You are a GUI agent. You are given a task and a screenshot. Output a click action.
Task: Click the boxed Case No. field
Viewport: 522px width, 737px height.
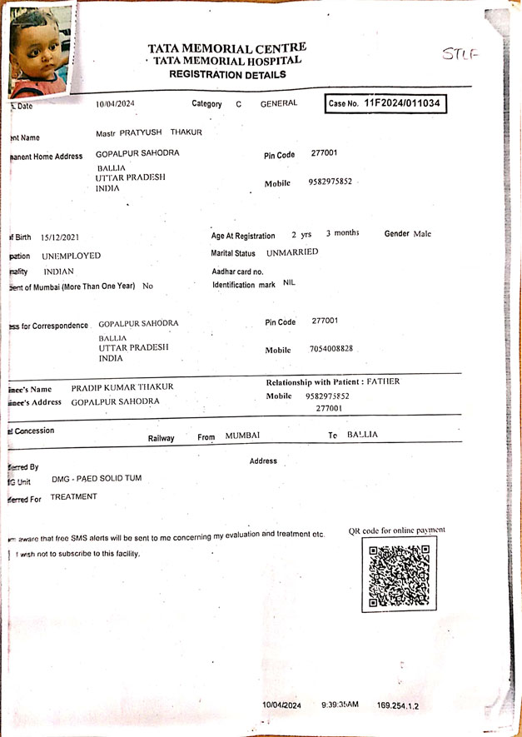385,103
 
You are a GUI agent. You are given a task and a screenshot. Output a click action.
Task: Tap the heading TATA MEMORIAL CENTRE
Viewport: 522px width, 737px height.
226,48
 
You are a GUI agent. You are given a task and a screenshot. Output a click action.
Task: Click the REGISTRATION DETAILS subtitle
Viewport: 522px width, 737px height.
227,74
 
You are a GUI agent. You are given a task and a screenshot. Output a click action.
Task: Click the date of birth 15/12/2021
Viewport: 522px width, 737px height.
60,237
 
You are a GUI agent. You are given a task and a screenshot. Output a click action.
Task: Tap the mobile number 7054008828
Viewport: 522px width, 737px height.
331,350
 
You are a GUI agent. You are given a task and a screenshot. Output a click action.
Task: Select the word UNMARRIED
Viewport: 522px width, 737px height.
292,252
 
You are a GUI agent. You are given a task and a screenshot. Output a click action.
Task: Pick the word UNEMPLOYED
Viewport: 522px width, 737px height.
72,256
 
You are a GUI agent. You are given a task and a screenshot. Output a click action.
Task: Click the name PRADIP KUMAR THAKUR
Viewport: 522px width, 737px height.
122,387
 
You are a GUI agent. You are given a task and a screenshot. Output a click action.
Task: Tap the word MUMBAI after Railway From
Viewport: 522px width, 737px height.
242,436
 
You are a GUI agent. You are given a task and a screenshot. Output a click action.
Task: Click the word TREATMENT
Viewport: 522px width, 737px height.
73,496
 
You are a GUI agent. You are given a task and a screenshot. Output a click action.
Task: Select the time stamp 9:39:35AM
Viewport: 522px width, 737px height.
340,705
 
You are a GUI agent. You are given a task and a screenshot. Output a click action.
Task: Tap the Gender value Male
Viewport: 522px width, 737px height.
423,234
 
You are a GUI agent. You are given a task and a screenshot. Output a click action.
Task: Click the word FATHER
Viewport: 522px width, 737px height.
383,381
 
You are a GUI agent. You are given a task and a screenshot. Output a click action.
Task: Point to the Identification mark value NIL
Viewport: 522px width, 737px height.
289,283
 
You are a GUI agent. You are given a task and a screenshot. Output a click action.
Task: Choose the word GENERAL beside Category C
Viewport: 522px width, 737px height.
279,103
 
